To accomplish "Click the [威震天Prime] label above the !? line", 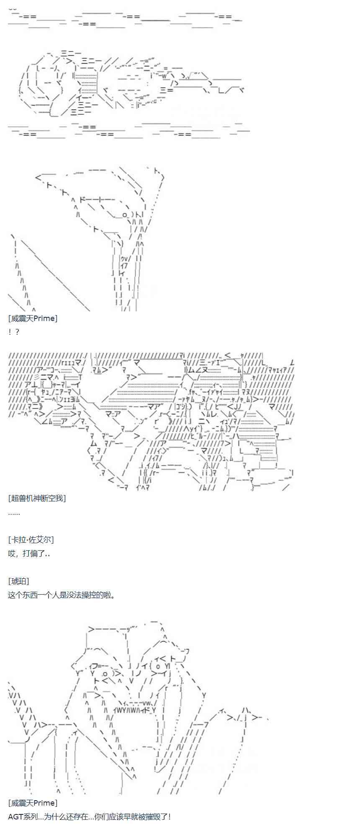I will (33, 318).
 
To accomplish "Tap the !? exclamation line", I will (13, 332).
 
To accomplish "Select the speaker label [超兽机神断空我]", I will (37, 498).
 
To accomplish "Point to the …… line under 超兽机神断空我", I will (14, 513).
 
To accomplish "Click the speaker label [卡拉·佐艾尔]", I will (31, 540).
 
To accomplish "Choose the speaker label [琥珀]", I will (18, 581).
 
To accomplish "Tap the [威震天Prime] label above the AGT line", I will (33, 803).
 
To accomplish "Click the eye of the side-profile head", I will (124, 215).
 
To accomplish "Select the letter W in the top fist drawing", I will (165, 76).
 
